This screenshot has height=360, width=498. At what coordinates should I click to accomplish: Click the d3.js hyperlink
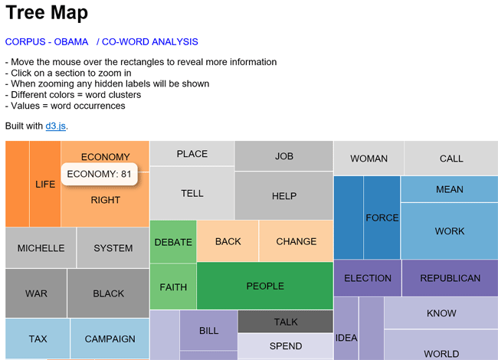pos(56,126)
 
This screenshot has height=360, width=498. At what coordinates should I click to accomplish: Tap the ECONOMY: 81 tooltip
pos(100,174)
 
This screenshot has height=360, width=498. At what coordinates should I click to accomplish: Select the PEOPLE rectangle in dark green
pos(265,286)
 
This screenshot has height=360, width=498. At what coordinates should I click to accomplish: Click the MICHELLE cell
pos(41,248)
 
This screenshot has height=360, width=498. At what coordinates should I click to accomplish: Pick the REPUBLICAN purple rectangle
pos(450,278)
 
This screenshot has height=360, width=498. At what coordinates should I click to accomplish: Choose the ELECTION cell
pos(368,278)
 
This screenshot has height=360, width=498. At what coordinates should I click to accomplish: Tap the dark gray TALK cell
pos(286,322)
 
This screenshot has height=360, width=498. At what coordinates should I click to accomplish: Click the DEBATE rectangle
pos(173,242)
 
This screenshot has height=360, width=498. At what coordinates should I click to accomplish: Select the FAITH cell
pos(173,286)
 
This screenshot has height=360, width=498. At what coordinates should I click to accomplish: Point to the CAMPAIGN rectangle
pos(110,339)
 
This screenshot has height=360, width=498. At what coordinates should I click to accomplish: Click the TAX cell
pos(38,339)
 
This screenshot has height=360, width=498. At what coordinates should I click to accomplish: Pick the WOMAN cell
pos(369,159)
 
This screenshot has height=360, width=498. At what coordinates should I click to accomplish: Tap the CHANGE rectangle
pos(296,241)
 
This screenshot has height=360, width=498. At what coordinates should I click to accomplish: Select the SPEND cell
pos(286,346)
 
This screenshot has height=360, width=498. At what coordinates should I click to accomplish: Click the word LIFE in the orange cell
pos(45,184)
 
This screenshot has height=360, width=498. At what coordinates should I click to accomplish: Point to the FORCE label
pos(382,218)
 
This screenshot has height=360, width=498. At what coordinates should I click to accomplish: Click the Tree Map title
pos(47,13)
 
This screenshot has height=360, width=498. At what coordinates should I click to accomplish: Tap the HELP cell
pos(284,195)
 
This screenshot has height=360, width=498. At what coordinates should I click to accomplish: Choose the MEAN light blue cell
pos(450,189)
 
